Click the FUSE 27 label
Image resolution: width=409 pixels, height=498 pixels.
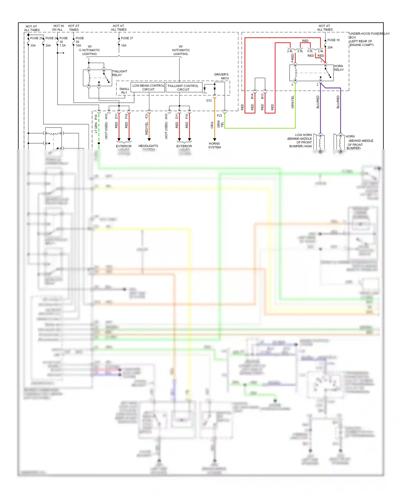(x=127, y=38)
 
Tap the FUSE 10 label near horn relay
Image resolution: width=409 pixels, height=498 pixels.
(x=333, y=40)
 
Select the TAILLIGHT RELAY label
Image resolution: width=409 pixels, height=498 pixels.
(x=119, y=73)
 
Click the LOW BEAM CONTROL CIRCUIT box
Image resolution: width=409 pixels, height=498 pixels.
(x=148, y=87)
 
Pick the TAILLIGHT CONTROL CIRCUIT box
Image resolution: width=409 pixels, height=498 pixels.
(x=183, y=87)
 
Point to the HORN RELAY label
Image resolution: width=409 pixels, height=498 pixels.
(x=339, y=68)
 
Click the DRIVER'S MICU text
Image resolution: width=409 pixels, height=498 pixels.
(x=221, y=76)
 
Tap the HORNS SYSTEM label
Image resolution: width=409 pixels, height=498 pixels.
(x=215, y=145)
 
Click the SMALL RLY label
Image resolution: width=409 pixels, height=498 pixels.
(x=124, y=91)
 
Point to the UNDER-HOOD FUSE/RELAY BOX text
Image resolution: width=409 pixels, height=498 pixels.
(x=365, y=39)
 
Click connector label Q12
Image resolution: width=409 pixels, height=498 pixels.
(x=209, y=101)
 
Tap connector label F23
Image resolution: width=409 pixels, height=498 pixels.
(x=219, y=116)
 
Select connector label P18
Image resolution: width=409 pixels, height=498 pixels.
(x=96, y=117)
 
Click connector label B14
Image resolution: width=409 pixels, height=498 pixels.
(x=252, y=96)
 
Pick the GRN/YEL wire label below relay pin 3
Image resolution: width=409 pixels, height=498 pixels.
(x=293, y=102)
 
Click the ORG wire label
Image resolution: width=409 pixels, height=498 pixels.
(x=212, y=125)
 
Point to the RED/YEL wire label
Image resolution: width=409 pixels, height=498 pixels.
(x=147, y=128)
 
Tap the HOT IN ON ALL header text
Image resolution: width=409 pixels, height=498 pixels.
(x=58, y=28)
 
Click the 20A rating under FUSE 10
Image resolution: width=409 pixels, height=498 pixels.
(x=330, y=47)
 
